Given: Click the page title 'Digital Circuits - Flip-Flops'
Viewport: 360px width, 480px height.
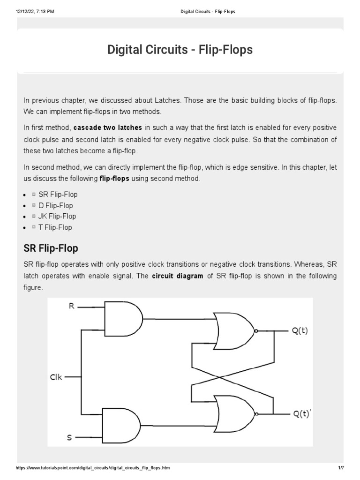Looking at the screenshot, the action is [x=180, y=50].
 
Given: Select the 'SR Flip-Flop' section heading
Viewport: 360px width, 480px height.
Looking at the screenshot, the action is [x=51, y=247].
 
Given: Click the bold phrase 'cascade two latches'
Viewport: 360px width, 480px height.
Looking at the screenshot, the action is [x=107, y=127].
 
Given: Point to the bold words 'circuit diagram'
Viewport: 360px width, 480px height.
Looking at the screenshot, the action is [x=178, y=276].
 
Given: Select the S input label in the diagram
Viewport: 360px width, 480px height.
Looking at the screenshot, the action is [x=69, y=438].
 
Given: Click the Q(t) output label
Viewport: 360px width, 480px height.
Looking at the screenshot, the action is [x=300, y=331].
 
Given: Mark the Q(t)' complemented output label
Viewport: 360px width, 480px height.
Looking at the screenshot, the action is [x=301, y=415].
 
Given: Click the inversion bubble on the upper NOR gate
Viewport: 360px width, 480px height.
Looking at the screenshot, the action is [x=255, y=331].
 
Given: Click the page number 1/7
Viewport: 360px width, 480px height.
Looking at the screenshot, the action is [x=341, y=469].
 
